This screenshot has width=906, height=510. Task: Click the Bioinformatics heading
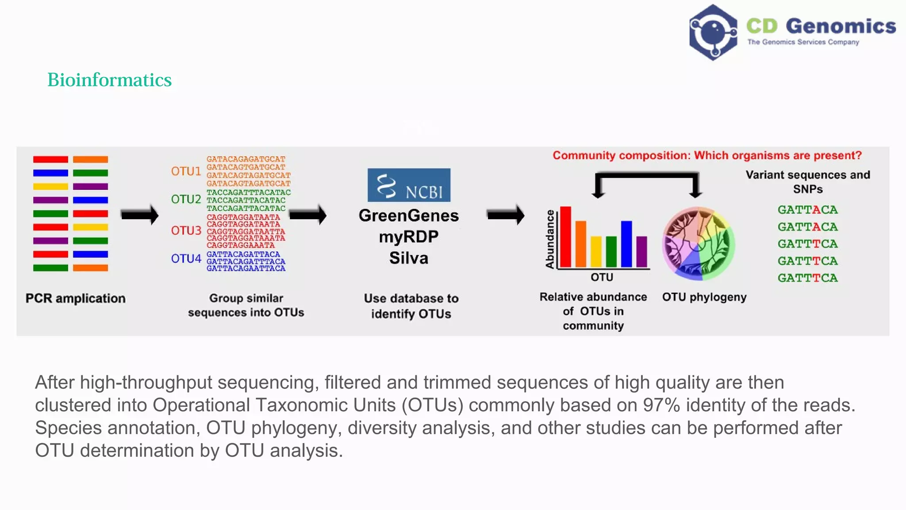point(109,80)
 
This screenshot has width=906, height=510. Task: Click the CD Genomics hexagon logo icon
point(713,32)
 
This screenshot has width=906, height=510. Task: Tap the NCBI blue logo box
point(409,185)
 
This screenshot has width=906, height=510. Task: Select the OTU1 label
point(186,171)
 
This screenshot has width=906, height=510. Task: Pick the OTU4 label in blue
point(186,259)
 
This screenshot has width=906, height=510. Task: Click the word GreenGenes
point(408,216)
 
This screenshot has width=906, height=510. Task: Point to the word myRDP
point(408,237)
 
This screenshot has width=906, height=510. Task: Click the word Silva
point(408,258)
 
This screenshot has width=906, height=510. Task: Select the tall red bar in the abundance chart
point(565,236)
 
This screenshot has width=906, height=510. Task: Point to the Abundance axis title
point(550,239)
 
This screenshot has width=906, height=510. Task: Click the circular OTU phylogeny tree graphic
point(698,244)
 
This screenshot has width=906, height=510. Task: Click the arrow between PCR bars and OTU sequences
point(139,215)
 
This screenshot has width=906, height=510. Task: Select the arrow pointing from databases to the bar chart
point(505,215)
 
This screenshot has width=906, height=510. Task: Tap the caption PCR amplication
point(75,298)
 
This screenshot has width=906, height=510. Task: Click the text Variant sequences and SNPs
point(807,182)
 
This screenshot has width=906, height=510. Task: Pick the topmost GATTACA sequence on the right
point(807,210)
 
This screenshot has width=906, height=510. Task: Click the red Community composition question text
point(707,156)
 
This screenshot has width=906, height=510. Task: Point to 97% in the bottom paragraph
point(661,405)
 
